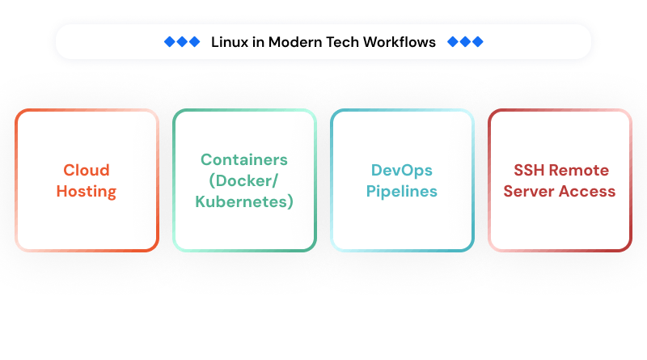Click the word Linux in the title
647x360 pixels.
click(x=227, y=42)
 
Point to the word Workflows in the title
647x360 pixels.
click(x=400, y=42)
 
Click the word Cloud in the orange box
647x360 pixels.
click(x=87, y=171)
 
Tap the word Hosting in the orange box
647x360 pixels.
click(x=87, y=192)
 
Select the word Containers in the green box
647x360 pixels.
click(x=243, y=159)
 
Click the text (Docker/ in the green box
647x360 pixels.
click(x=243, y=180)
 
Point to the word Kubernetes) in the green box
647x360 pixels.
click(x=243, y=201)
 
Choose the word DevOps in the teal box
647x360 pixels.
click(x=402, y=171)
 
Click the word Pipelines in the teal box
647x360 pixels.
click(x=402, y=192)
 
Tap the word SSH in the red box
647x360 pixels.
click(x=530, y=171)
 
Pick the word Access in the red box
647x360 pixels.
click(x=588, y=192)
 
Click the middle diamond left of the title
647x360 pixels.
click(x=182, y=42)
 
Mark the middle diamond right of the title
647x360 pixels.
click(x=465, y=42)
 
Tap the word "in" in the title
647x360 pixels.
click(x=256, y=42)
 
